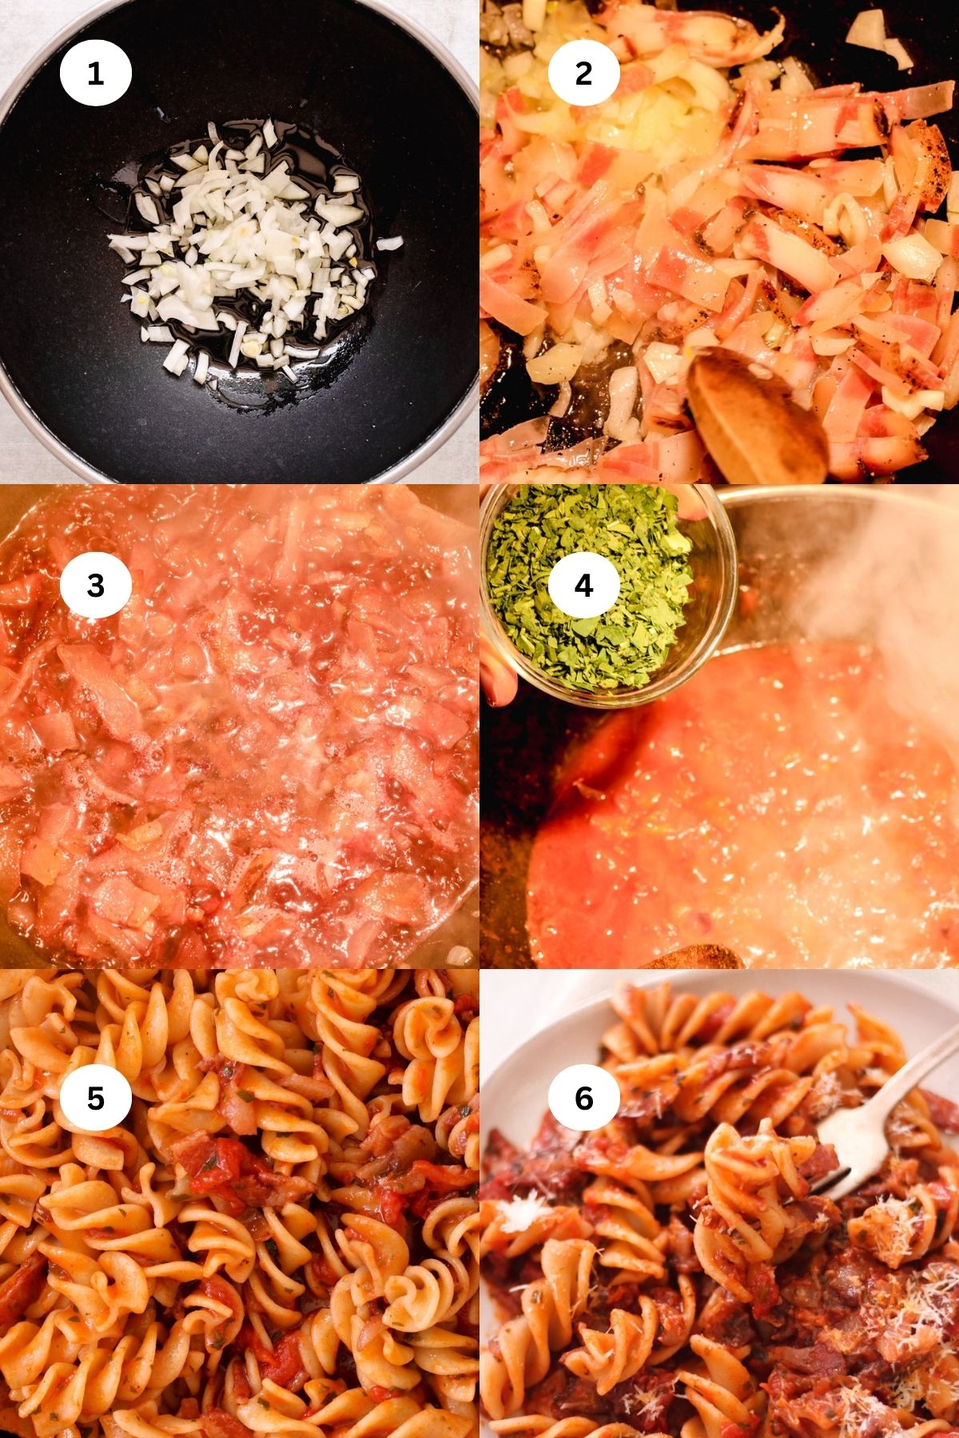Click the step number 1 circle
95,73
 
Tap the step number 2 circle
584,73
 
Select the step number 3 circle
95,586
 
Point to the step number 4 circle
584,586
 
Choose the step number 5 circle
95,1098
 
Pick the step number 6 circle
584,1098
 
